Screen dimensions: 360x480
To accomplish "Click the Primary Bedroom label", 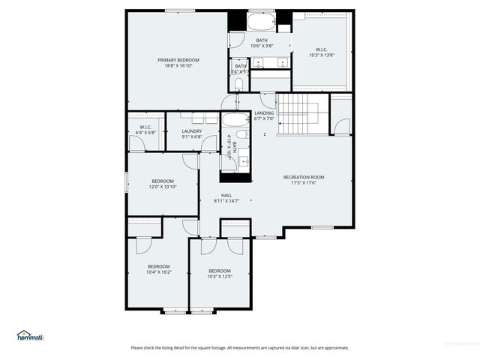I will point(178,60).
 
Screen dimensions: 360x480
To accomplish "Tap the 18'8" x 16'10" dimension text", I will point(178,66).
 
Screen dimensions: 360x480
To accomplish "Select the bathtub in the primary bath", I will point(262,21).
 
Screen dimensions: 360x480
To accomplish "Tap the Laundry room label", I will point(192,131).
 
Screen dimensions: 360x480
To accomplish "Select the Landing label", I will point(264,113).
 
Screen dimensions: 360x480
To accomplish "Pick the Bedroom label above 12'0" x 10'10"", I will point(163,181).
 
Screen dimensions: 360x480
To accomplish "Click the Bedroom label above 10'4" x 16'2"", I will point(158,266).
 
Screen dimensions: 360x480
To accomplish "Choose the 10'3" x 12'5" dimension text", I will point(220,277).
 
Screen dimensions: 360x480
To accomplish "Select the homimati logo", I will point(30,336).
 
